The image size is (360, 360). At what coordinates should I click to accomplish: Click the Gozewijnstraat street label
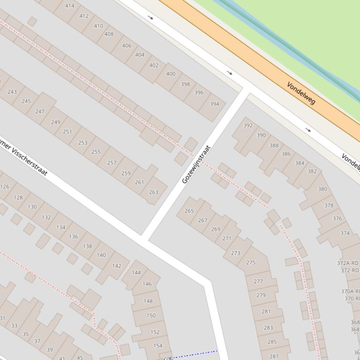196,165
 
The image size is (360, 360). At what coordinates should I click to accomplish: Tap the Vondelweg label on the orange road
301,93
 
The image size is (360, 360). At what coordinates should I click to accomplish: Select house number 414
70,6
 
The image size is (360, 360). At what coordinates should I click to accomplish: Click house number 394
214,104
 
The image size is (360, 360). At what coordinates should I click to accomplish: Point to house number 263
154,192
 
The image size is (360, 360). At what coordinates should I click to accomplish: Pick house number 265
189,211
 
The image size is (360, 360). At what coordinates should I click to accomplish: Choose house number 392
248,125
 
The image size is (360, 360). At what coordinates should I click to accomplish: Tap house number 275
251,262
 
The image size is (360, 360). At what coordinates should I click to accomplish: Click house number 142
117,266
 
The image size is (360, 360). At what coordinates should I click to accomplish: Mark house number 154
158,346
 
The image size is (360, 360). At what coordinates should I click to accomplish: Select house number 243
12,92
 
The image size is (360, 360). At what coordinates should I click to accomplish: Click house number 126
5,187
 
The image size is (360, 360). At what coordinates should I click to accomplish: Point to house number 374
345,233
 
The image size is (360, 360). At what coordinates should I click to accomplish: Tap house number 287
274,356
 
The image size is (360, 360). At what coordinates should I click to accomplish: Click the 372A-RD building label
348,263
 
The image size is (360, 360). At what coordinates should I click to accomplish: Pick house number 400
171,73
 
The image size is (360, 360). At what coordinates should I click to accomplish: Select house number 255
96,151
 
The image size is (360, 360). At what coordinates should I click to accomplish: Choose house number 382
312,171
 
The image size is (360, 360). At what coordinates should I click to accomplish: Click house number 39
50,349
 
